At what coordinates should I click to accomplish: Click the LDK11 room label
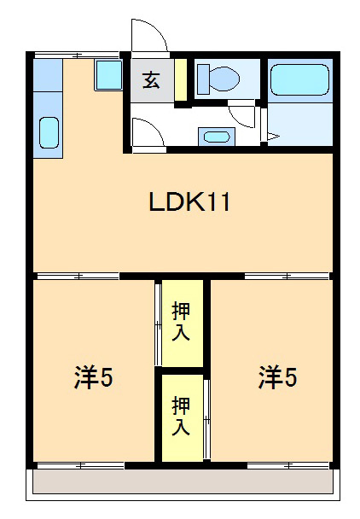coord(190,202)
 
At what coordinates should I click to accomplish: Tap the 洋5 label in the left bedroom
coord(93,378)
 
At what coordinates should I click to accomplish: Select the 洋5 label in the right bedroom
coord(278,376)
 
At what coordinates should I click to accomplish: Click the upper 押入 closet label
coord(181,321)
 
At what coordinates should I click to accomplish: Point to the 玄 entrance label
coord(151,81)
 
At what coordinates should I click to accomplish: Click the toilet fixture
coord(217,79)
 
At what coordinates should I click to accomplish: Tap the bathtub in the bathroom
coord(299,81)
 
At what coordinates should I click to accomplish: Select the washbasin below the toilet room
coord(215,136)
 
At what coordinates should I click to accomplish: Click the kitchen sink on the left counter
coord(48,133)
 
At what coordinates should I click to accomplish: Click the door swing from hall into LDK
coord(143,132)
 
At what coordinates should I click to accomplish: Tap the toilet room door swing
coord(243,115)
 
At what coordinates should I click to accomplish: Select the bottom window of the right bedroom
coord(287,465)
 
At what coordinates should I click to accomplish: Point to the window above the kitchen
coord(77,55)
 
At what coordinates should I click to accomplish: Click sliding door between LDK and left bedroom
coord(77,276)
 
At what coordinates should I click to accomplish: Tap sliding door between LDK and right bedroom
coord(287,276)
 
